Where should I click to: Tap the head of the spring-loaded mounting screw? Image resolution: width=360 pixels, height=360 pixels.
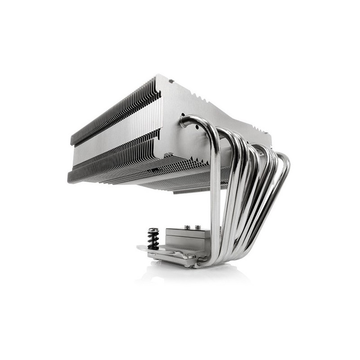point(153,230)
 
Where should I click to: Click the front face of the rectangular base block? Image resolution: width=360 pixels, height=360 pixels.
point(184,241)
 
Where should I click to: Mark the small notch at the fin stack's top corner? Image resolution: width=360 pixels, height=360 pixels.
point(171,82)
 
